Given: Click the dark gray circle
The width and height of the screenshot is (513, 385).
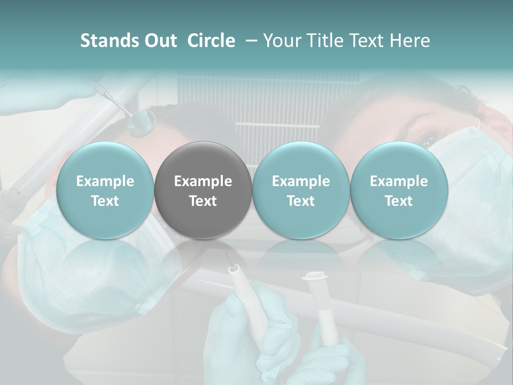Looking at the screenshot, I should [203, 190].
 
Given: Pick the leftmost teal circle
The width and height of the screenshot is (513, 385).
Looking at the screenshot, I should [105, 190].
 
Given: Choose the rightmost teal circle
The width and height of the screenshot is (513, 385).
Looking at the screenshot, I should [399, 190].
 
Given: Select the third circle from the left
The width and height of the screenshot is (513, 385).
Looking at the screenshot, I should [301, 190].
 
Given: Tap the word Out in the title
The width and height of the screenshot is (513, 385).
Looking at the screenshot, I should [160, 41].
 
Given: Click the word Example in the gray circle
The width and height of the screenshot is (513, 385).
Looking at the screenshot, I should [203, 181].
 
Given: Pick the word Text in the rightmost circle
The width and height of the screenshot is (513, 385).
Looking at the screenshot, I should [399, 201].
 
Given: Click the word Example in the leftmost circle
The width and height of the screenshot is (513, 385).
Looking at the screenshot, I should [105, 181].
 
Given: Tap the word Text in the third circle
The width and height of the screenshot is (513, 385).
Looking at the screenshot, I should [301, 201].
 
